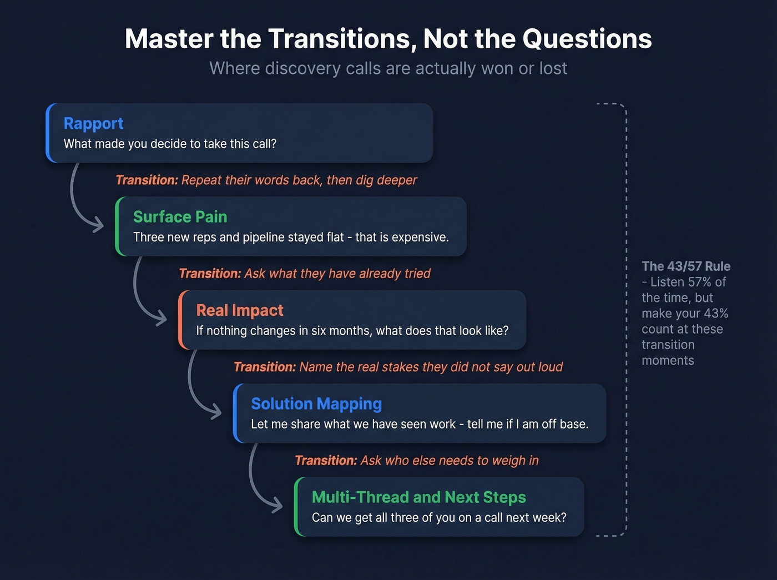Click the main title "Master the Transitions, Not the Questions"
[x=388, y=39]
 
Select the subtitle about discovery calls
[x=388, y=68]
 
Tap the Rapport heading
[x=93, y=123]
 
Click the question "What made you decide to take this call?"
[x=170, y=144]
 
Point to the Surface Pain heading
[x=180, y=216]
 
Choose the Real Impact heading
[x=239, y=310]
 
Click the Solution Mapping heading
[x=316, y=404]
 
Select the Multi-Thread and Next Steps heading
[x=418, y=497]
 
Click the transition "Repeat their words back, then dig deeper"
[x=266, y=180]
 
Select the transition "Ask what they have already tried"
[x=305, y=274]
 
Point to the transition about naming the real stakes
[x=398, y=367]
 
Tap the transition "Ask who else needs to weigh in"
[x=416, y=461]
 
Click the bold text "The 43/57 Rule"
[x=686, y=266]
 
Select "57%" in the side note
[x=699, y=282]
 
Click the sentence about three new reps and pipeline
[x=291, y=237]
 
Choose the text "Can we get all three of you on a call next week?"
[x=439, y=518]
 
